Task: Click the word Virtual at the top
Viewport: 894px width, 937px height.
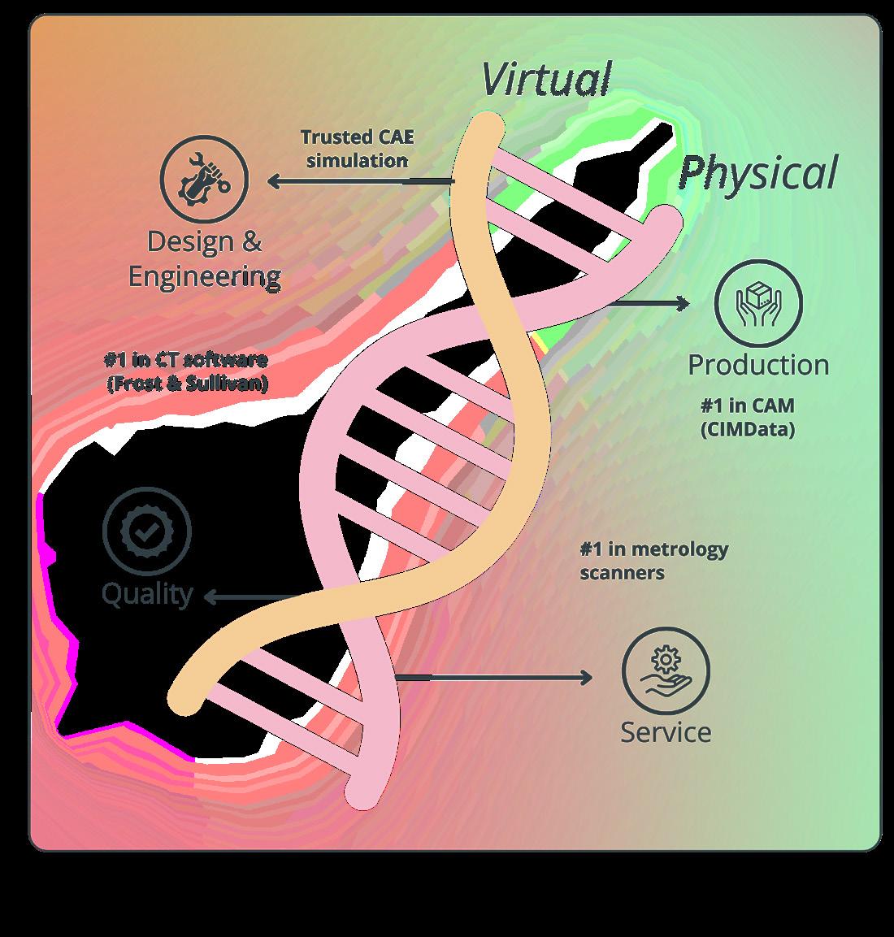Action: pos(545,79)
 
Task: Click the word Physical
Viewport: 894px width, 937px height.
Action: pos(757,172)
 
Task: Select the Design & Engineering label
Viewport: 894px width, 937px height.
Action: pos(205,258)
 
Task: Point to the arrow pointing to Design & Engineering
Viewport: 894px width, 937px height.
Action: pos(358,181)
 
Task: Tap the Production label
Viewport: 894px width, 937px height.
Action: pos(758,365)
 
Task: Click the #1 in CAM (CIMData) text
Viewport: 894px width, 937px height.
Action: pos(747,416)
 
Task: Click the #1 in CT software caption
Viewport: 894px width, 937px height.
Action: pos(186,371)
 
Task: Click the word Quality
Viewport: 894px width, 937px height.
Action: pos(147,594)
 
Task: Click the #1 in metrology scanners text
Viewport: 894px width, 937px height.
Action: pos(653,561)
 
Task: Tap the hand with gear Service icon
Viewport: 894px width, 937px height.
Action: pos(666,671)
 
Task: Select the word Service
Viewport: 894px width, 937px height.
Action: pos(666,732)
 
